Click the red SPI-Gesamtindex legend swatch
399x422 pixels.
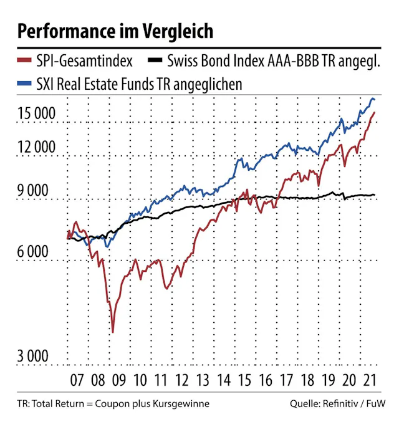pos(24,62)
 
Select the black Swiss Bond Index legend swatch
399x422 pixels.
pos(156,62)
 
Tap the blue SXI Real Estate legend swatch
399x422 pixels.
pos(24,84)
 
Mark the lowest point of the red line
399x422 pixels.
pos(112,332)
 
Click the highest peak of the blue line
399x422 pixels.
pos(373,98)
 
